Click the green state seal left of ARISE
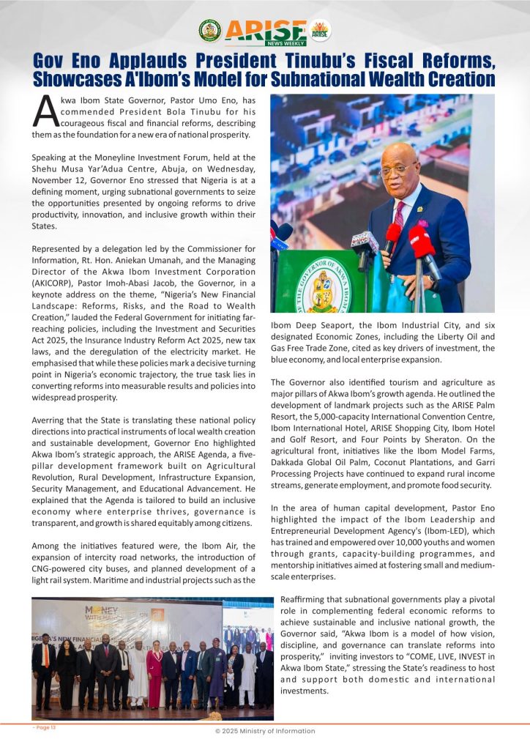(x=209, y=30)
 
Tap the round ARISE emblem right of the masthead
(x=320, y=30)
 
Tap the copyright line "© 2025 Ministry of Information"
(x=264, y=731)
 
